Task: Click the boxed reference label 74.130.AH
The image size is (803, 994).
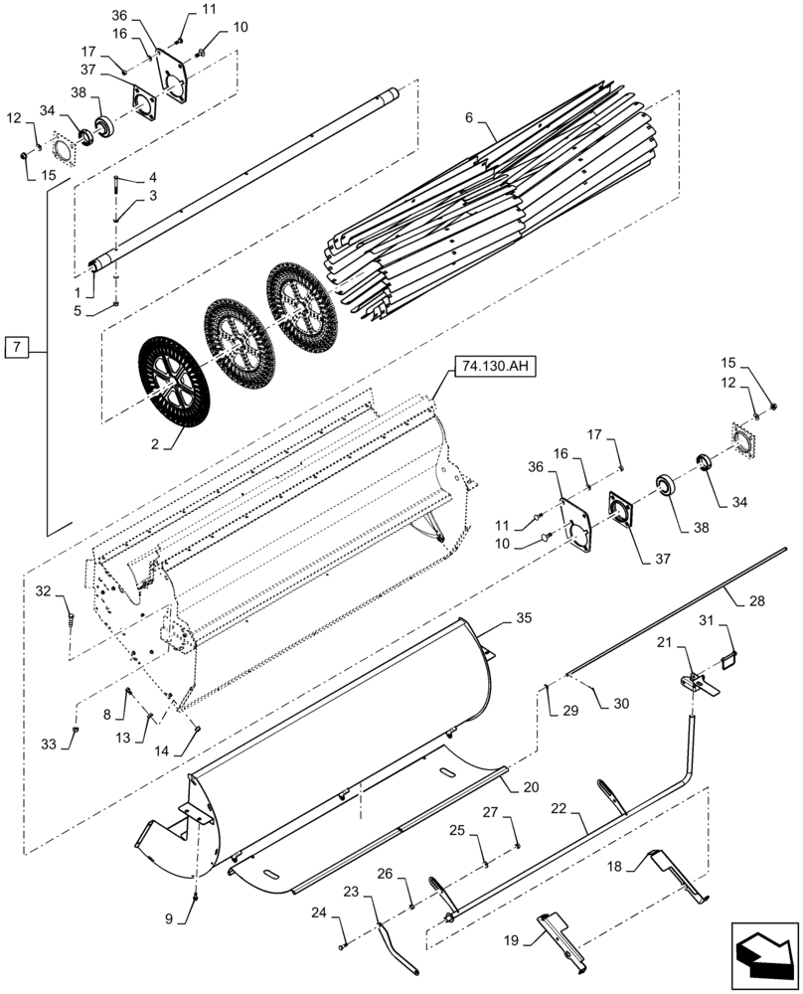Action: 494,367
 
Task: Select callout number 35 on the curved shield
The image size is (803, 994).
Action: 524,617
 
